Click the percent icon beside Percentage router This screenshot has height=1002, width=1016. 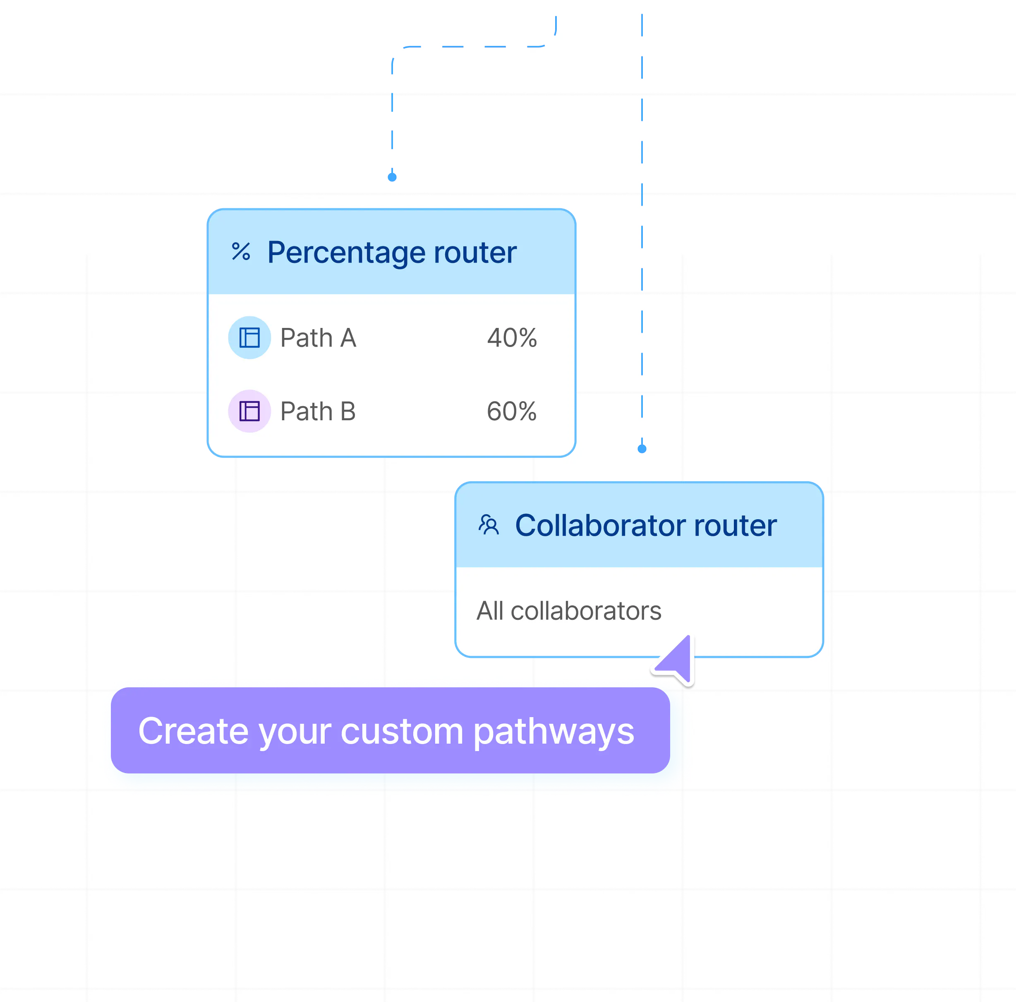point(241,252)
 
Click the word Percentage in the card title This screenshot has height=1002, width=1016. point(345,253)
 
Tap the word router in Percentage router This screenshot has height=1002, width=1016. point(475,253)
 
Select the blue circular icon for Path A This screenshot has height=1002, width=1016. point(249,337)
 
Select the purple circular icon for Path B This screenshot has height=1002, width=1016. point(249,411)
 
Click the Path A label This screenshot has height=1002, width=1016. point(318,338)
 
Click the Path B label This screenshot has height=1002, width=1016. point(318,412)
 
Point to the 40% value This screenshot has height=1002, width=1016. point(512,338)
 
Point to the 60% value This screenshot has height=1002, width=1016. point(512,412)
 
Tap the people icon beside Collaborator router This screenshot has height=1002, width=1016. point(489,525)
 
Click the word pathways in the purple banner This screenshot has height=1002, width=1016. point(554,732)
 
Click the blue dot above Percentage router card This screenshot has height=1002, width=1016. point(392,177)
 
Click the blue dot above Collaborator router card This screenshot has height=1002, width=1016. point(642,449)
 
